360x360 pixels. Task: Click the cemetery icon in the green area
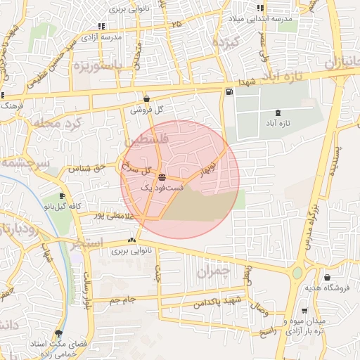(x=278, y=112)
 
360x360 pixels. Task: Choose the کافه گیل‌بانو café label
(x=60, y=207)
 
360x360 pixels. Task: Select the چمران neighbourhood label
(x=214, y=272)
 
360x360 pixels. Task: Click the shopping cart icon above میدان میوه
(x=304, y=311)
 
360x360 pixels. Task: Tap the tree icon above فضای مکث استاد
(x=58, y=333)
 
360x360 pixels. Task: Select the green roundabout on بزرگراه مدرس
(x=298, y=273)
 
